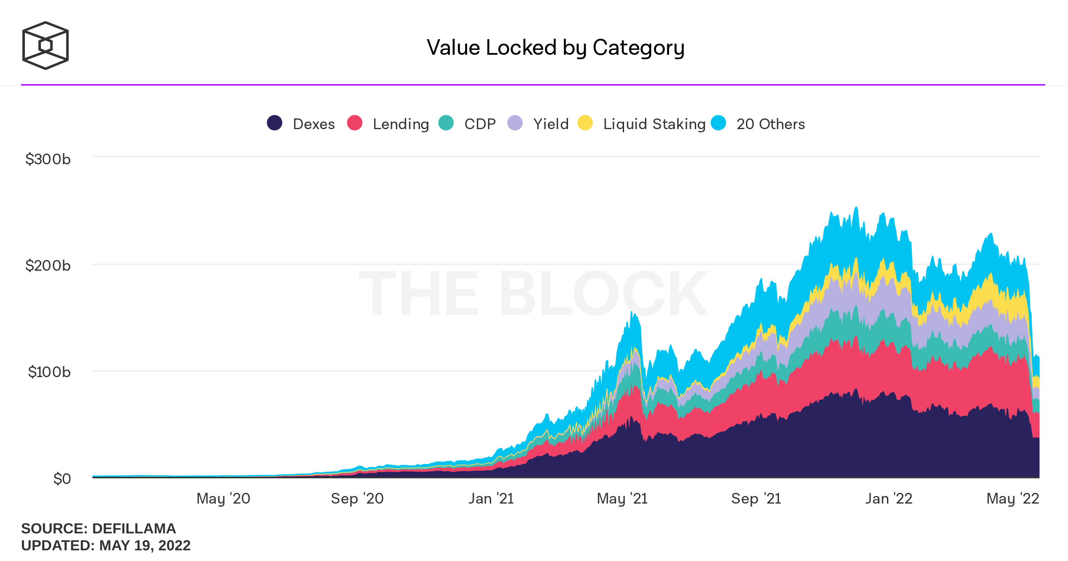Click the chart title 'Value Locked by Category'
point(556,48)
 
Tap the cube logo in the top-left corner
point(45,45)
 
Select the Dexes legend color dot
point(274,123)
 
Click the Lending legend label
point(401,124)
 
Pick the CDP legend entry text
point(480,124)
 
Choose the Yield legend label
point(551,124)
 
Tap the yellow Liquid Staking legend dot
point(585,123)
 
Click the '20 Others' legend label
point(770,124)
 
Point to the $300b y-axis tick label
point(48,159)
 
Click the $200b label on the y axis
point(48,265)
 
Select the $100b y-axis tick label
point(49,372)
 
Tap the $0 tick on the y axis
point(62,479)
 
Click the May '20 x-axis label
point(223,499)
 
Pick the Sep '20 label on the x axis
point(357,499)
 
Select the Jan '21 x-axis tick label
point(491,499)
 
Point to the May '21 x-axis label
point(622,499)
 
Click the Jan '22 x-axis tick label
point(889,499)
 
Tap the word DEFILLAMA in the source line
point(134,528)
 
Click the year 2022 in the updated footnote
point(174,545)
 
